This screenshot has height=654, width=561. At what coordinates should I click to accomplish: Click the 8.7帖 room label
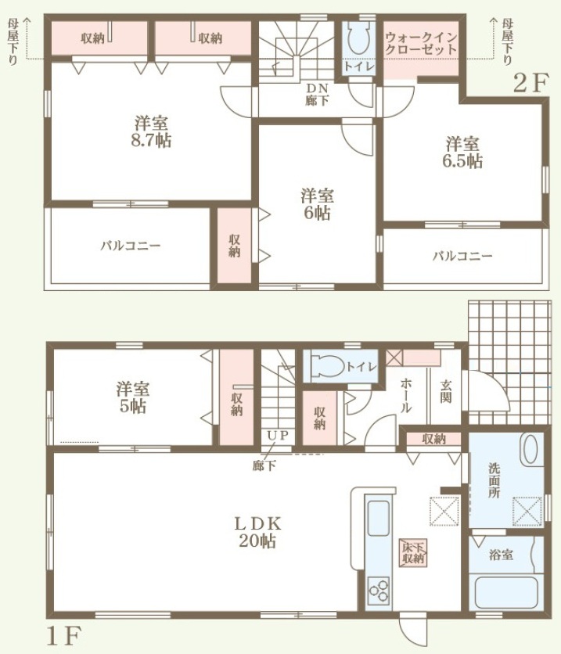(x=151, y=131)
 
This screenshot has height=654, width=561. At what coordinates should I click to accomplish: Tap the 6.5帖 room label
(x=462, y=153)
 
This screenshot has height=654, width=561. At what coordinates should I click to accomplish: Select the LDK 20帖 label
(x=257, y=532)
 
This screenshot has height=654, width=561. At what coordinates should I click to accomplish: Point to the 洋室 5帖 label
(x=133, y=397)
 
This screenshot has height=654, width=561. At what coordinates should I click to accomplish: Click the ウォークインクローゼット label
(x=420, y=43)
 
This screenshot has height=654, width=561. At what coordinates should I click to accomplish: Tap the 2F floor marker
(x=530, y=83)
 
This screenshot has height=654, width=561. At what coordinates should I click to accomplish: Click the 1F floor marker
(x=63, y=635)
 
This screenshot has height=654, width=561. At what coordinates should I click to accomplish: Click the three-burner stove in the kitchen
(x=379, y=591)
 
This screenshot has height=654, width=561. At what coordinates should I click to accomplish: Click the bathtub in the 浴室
(x=506, y=592)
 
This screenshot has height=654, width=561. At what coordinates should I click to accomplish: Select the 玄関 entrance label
(x=446, y=391)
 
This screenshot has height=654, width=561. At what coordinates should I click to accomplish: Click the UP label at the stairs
(x=278, y=436)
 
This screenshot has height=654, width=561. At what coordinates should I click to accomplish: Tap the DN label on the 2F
(x=318, y=88)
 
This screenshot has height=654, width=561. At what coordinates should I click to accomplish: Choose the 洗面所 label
(x=494, y=480)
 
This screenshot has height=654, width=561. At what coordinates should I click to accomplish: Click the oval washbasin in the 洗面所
(x=530, y=449)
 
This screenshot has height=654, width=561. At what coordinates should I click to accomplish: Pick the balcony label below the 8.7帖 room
(x=131, y=246)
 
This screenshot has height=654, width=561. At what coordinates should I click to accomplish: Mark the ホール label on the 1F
(x=406, y=395)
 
